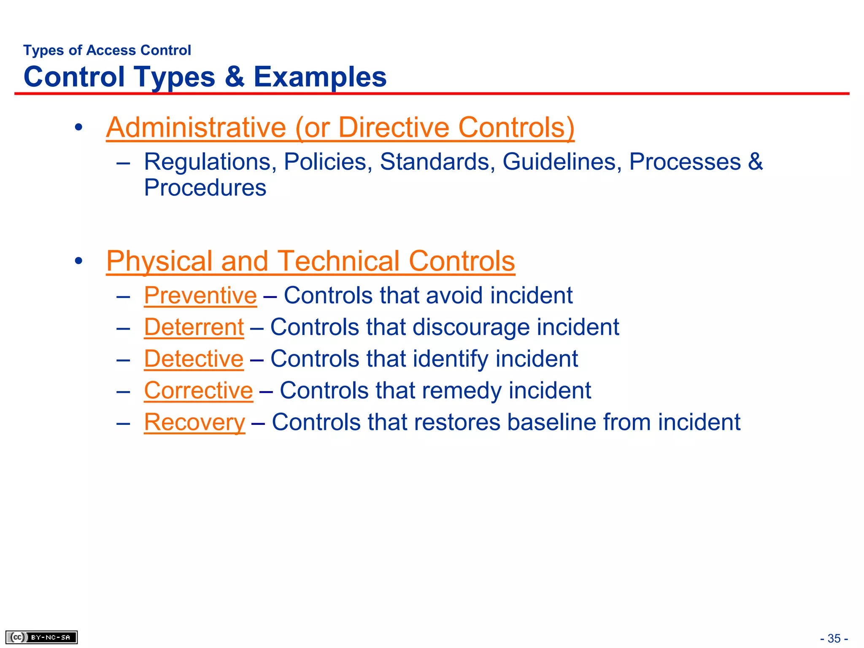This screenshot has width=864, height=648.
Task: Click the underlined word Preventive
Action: (200, 295)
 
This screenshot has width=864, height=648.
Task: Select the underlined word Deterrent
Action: (194, 327)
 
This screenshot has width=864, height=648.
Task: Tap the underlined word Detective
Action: (194, 359)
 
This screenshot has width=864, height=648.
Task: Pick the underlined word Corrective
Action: (198, 390)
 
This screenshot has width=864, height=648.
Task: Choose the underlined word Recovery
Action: (194, 422)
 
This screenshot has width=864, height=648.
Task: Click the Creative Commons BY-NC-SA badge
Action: (41, 637)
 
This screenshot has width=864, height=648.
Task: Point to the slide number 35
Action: (834, 638)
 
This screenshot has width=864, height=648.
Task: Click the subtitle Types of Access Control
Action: (107, 50)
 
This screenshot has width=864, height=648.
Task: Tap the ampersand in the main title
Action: (235, 77)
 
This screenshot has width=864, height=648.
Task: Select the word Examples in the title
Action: (320, 77)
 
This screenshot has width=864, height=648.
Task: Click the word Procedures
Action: (205, 188)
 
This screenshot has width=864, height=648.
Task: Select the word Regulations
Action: (210, 162)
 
